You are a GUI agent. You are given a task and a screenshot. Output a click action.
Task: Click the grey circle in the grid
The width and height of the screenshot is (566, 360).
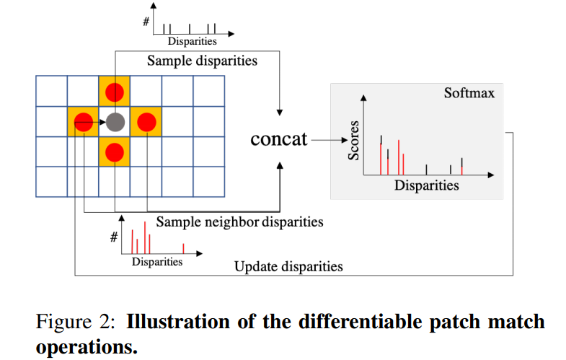115,122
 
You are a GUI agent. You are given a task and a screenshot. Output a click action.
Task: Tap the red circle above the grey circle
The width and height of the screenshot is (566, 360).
115,92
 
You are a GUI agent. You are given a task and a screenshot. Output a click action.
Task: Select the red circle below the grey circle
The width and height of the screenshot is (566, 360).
115,152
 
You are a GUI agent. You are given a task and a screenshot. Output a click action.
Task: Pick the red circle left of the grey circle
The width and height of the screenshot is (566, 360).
84,122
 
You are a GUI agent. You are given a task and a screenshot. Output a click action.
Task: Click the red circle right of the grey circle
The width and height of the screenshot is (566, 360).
146,122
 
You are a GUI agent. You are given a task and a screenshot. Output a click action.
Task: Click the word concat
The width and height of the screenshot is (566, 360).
278,139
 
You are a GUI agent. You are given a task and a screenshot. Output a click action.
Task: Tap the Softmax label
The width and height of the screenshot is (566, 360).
469,93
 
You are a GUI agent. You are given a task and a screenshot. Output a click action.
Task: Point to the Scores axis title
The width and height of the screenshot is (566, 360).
353,141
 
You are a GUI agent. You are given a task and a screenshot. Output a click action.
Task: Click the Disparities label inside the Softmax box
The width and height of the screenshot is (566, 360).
427,185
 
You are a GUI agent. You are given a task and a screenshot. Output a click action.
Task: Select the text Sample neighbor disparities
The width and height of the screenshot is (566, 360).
239,221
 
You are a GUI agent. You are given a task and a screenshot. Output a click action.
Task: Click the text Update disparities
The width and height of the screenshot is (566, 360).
288,266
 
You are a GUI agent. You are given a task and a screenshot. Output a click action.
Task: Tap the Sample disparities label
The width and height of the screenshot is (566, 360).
202,61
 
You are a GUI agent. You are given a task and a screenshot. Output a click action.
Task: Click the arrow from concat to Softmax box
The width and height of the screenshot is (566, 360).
330,140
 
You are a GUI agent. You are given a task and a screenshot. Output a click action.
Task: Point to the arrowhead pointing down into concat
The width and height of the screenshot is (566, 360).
279,113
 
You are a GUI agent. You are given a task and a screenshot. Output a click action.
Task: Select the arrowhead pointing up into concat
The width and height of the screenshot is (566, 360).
280,165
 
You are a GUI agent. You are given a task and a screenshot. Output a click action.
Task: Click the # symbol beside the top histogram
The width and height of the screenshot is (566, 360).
146,22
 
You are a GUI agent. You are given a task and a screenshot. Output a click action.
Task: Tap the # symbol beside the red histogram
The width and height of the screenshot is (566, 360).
114,237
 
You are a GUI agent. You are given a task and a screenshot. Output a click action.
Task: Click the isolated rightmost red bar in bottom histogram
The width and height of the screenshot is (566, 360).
183,248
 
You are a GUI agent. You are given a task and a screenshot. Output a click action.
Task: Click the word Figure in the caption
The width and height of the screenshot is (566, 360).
63,322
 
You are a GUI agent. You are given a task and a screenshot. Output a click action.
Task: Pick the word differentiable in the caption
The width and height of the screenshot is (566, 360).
361,321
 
